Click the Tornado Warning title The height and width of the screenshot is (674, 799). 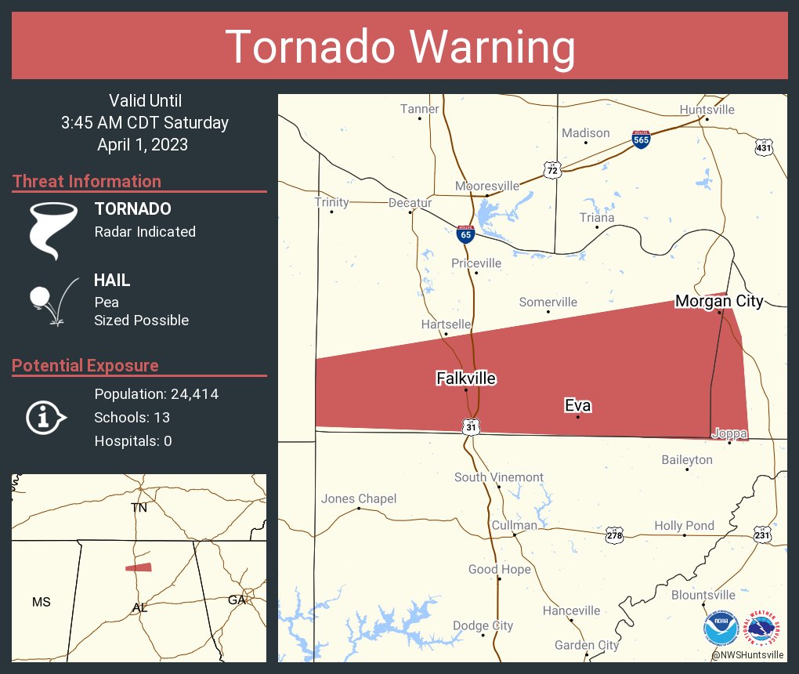(399, 47)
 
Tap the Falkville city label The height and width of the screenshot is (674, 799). (466, 379)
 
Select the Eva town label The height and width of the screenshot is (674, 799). (577, 405)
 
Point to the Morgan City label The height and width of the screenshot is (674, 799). (719, 301)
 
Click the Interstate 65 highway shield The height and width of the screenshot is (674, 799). (465, 233)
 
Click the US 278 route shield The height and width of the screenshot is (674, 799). (615, 535)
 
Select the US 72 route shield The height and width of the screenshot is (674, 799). (552, 169)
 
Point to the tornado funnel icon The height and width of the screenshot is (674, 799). (52, 230)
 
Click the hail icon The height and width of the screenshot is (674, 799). (52, 301)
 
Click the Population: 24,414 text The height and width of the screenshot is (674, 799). (156, 393)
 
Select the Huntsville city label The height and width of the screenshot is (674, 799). (707, 110)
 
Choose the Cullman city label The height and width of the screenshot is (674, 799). (514, 525)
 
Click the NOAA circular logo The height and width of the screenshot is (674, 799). (720, 629)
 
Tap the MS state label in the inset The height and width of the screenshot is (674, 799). (41, 602)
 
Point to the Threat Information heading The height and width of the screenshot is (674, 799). (87, 181)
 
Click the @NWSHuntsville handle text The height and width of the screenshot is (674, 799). (748, 654)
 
